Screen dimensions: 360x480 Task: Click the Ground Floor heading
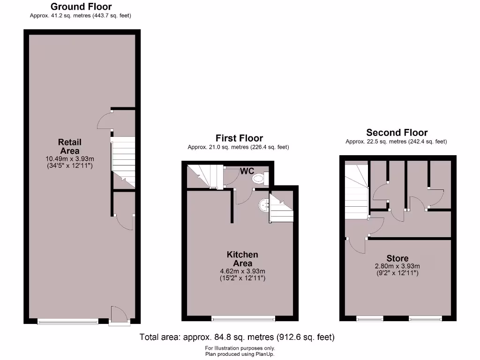[81, 7]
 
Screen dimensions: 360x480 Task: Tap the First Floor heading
[239, 138]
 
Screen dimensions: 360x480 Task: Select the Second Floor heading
[397, 133]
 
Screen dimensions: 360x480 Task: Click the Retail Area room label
[69, 146]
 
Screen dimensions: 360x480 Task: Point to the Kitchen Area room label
[242, 259]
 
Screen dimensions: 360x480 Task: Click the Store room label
[397, 258]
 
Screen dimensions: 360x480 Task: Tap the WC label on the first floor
[247, 171]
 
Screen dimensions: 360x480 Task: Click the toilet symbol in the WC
[258, 179]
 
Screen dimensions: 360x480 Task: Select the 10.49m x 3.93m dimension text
[69, 158]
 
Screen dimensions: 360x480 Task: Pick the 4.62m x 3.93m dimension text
[242, 271]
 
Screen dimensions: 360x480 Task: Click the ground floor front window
[68, 322]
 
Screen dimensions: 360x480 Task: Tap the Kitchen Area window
[243, 320]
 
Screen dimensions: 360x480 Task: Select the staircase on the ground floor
[123, 162]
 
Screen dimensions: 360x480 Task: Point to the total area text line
[237, 337]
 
